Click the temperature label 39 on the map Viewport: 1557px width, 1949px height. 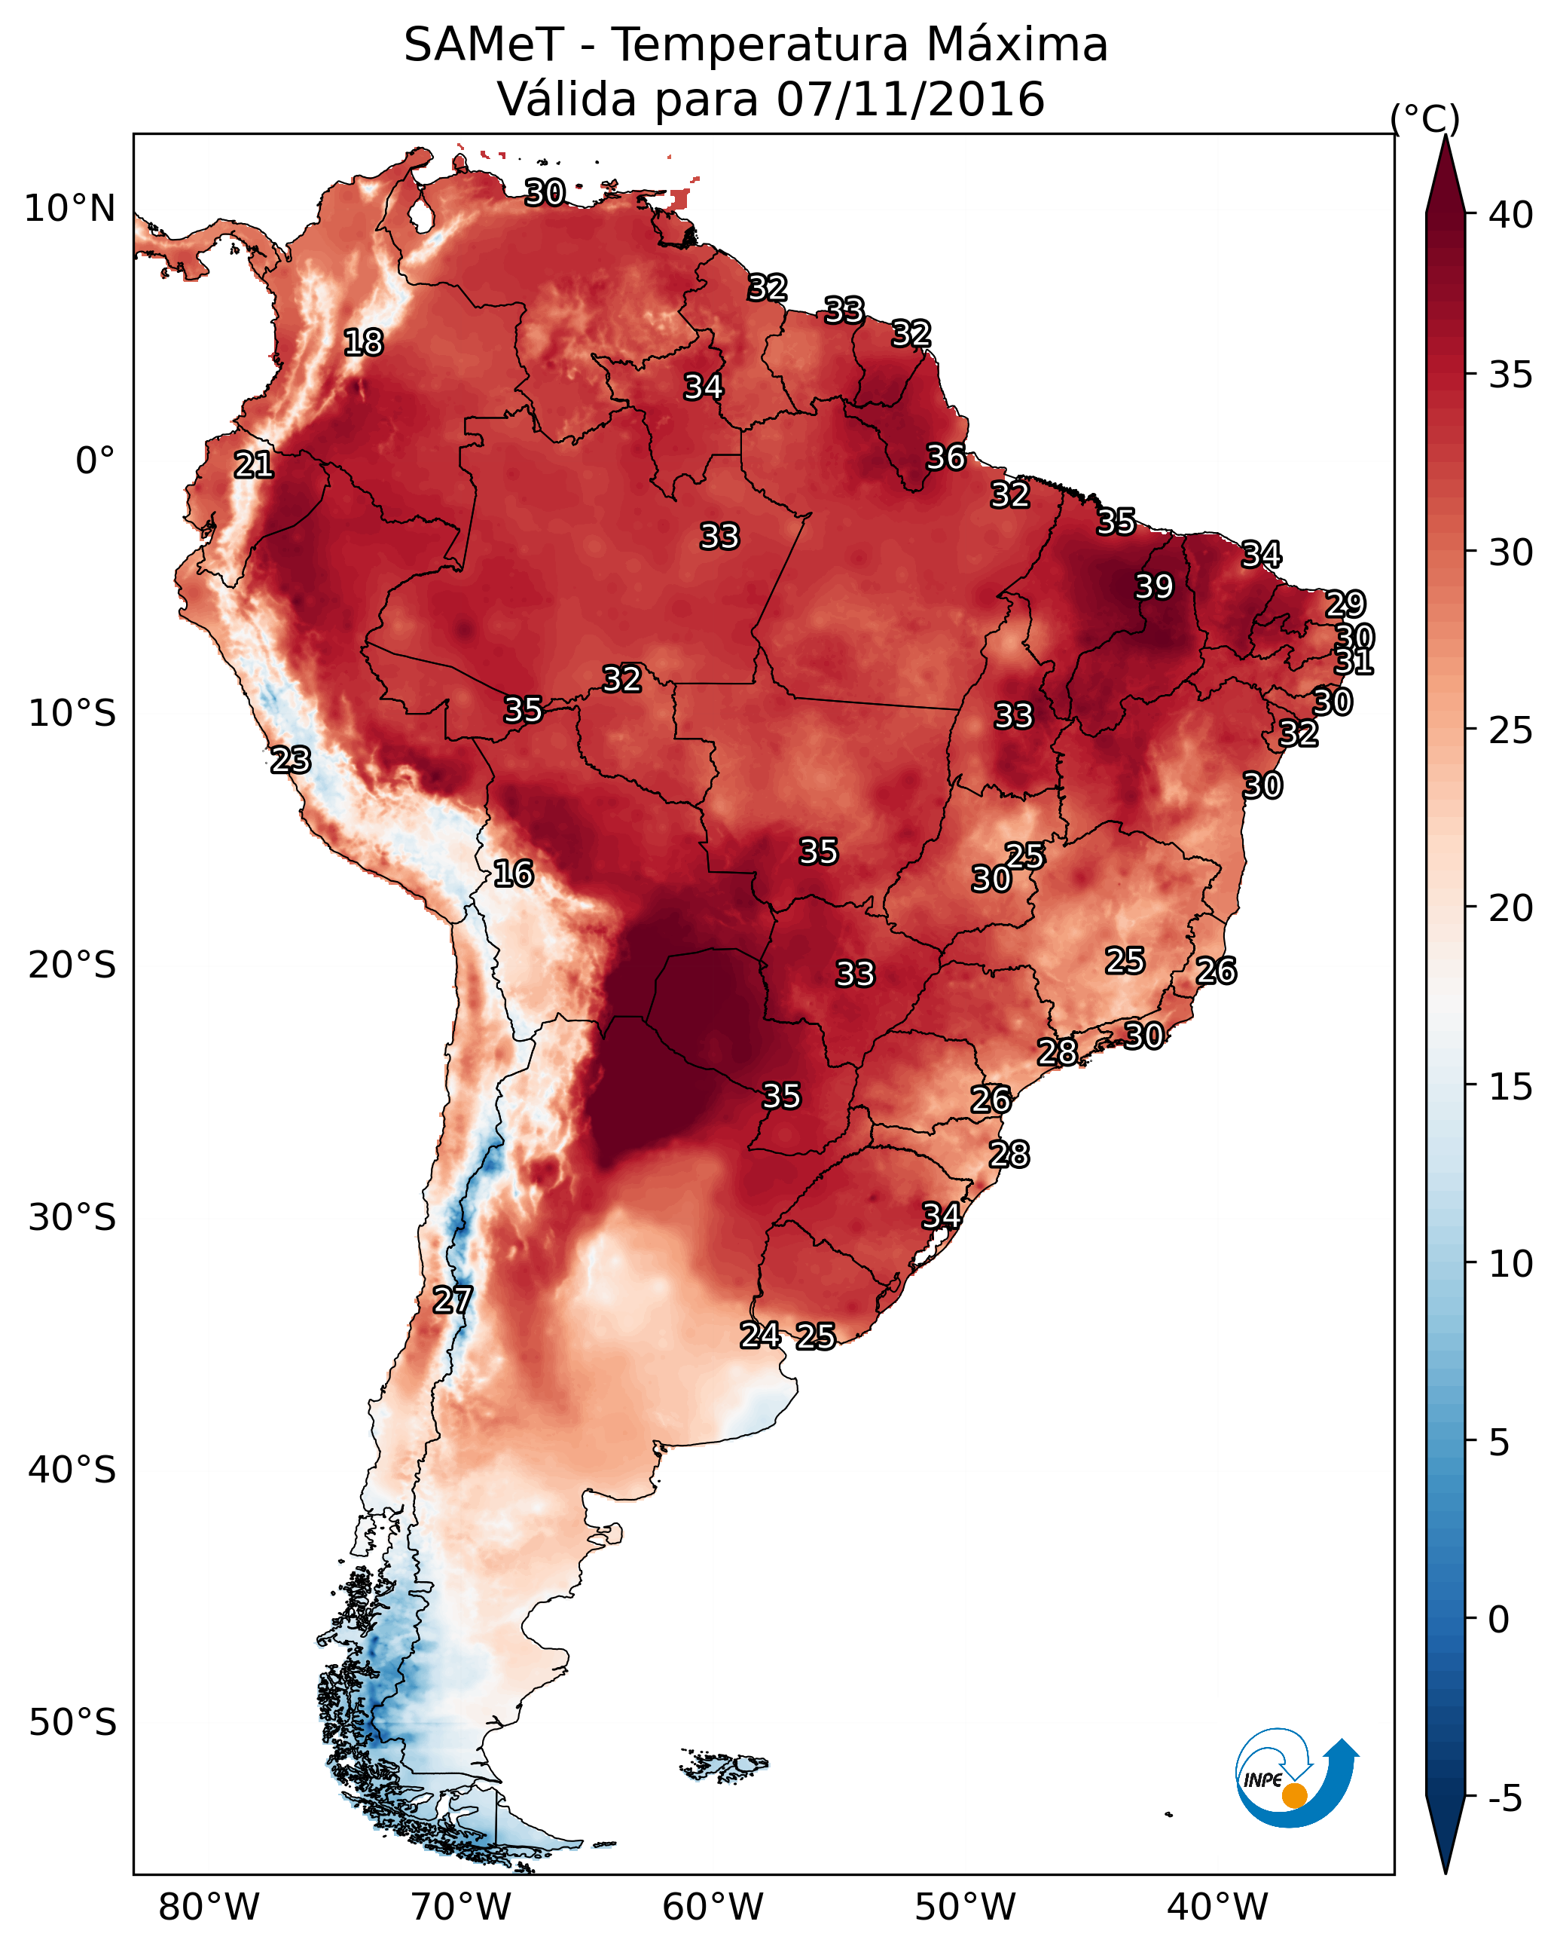click(x=1154, y=586)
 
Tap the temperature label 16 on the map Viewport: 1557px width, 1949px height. click(x=513, y=874)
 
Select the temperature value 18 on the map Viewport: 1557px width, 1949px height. click(x=363, y=343)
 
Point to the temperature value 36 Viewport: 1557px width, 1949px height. click(x=946, y=457)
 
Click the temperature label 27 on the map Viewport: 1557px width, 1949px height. click(x=453, y=1300)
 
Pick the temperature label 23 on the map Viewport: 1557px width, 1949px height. click(x=291, y=760)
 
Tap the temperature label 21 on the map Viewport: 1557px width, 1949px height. click(x=254, y=465)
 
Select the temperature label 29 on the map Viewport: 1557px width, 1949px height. click(x=1345, y=604)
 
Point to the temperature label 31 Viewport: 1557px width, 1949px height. click(x=1354, y=662)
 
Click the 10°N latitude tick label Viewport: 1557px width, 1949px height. click(x=69, y=209)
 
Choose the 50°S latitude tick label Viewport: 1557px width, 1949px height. click(x=72, y=1723)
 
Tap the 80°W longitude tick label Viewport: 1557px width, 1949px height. click(x=209, y=1908)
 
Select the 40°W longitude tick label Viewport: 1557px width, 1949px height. click(x=1218, y=1908)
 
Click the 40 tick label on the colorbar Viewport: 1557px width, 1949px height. click(x=1511, y=215)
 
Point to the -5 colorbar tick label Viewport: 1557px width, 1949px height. click(x=1506, y=1799)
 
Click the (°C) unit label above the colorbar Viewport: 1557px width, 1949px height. click(x=1425, y=118)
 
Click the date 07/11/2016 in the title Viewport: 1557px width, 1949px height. click(x=911, y=99)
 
